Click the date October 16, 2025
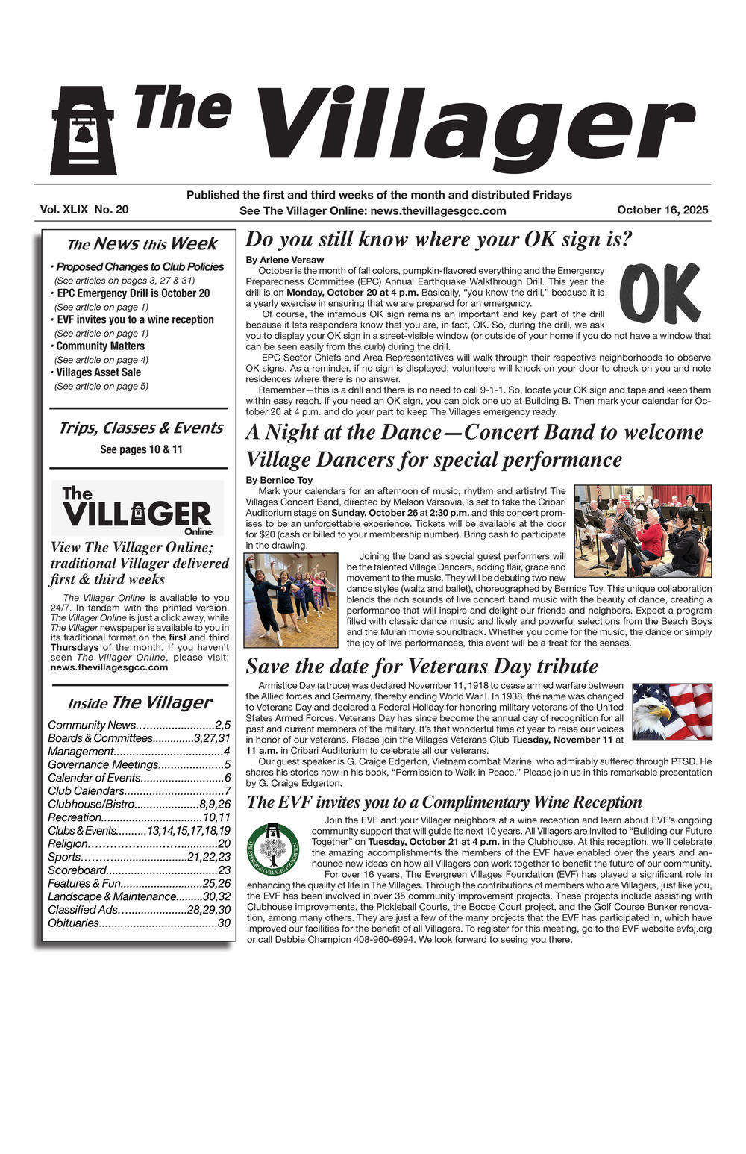tap(662, 210)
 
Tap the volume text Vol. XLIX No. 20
tap(84, 210)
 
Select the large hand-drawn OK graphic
tap(659, 293)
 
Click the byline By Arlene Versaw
tap(285, 260)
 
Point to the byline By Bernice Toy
tap(279, 480)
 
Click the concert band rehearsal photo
tap(642, 531)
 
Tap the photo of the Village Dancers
tap(291, 599)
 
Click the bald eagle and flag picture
tap(671, 711)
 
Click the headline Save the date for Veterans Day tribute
tap(422, 666)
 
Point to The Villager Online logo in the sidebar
tap(137, 509)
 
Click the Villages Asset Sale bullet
tap(99, 372)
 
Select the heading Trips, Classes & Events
tap(141, 428)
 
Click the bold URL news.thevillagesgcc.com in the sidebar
tap(109, 667)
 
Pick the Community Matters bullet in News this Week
tap(101, 346)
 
